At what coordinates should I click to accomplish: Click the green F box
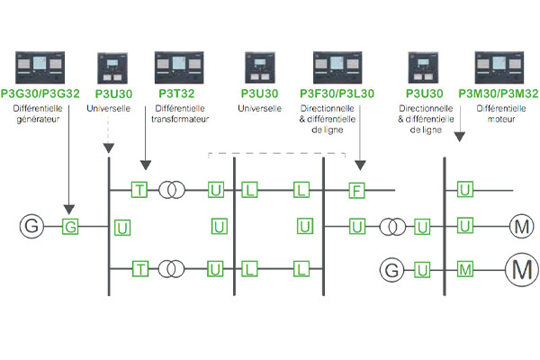coord(357,190)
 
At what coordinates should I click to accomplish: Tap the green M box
coord(464,269)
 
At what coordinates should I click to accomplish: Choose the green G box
coord(69,226)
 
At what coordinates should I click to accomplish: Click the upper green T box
coord(139,190)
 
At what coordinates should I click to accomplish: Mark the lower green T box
coord(139,269)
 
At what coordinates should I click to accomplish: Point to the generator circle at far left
coord(31,226)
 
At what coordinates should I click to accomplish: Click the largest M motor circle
coord(520,268)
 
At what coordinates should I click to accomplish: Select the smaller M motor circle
coord(520,226)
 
